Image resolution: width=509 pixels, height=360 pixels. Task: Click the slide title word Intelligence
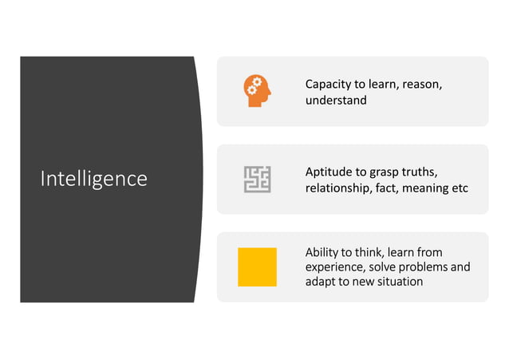click(93, 178)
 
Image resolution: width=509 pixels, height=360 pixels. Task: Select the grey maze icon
click(257, 179)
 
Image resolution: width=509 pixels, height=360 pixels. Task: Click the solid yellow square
click(257, 267)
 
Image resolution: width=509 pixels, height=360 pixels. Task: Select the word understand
click(336, 101)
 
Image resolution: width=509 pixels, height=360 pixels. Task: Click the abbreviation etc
click(460, 188)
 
